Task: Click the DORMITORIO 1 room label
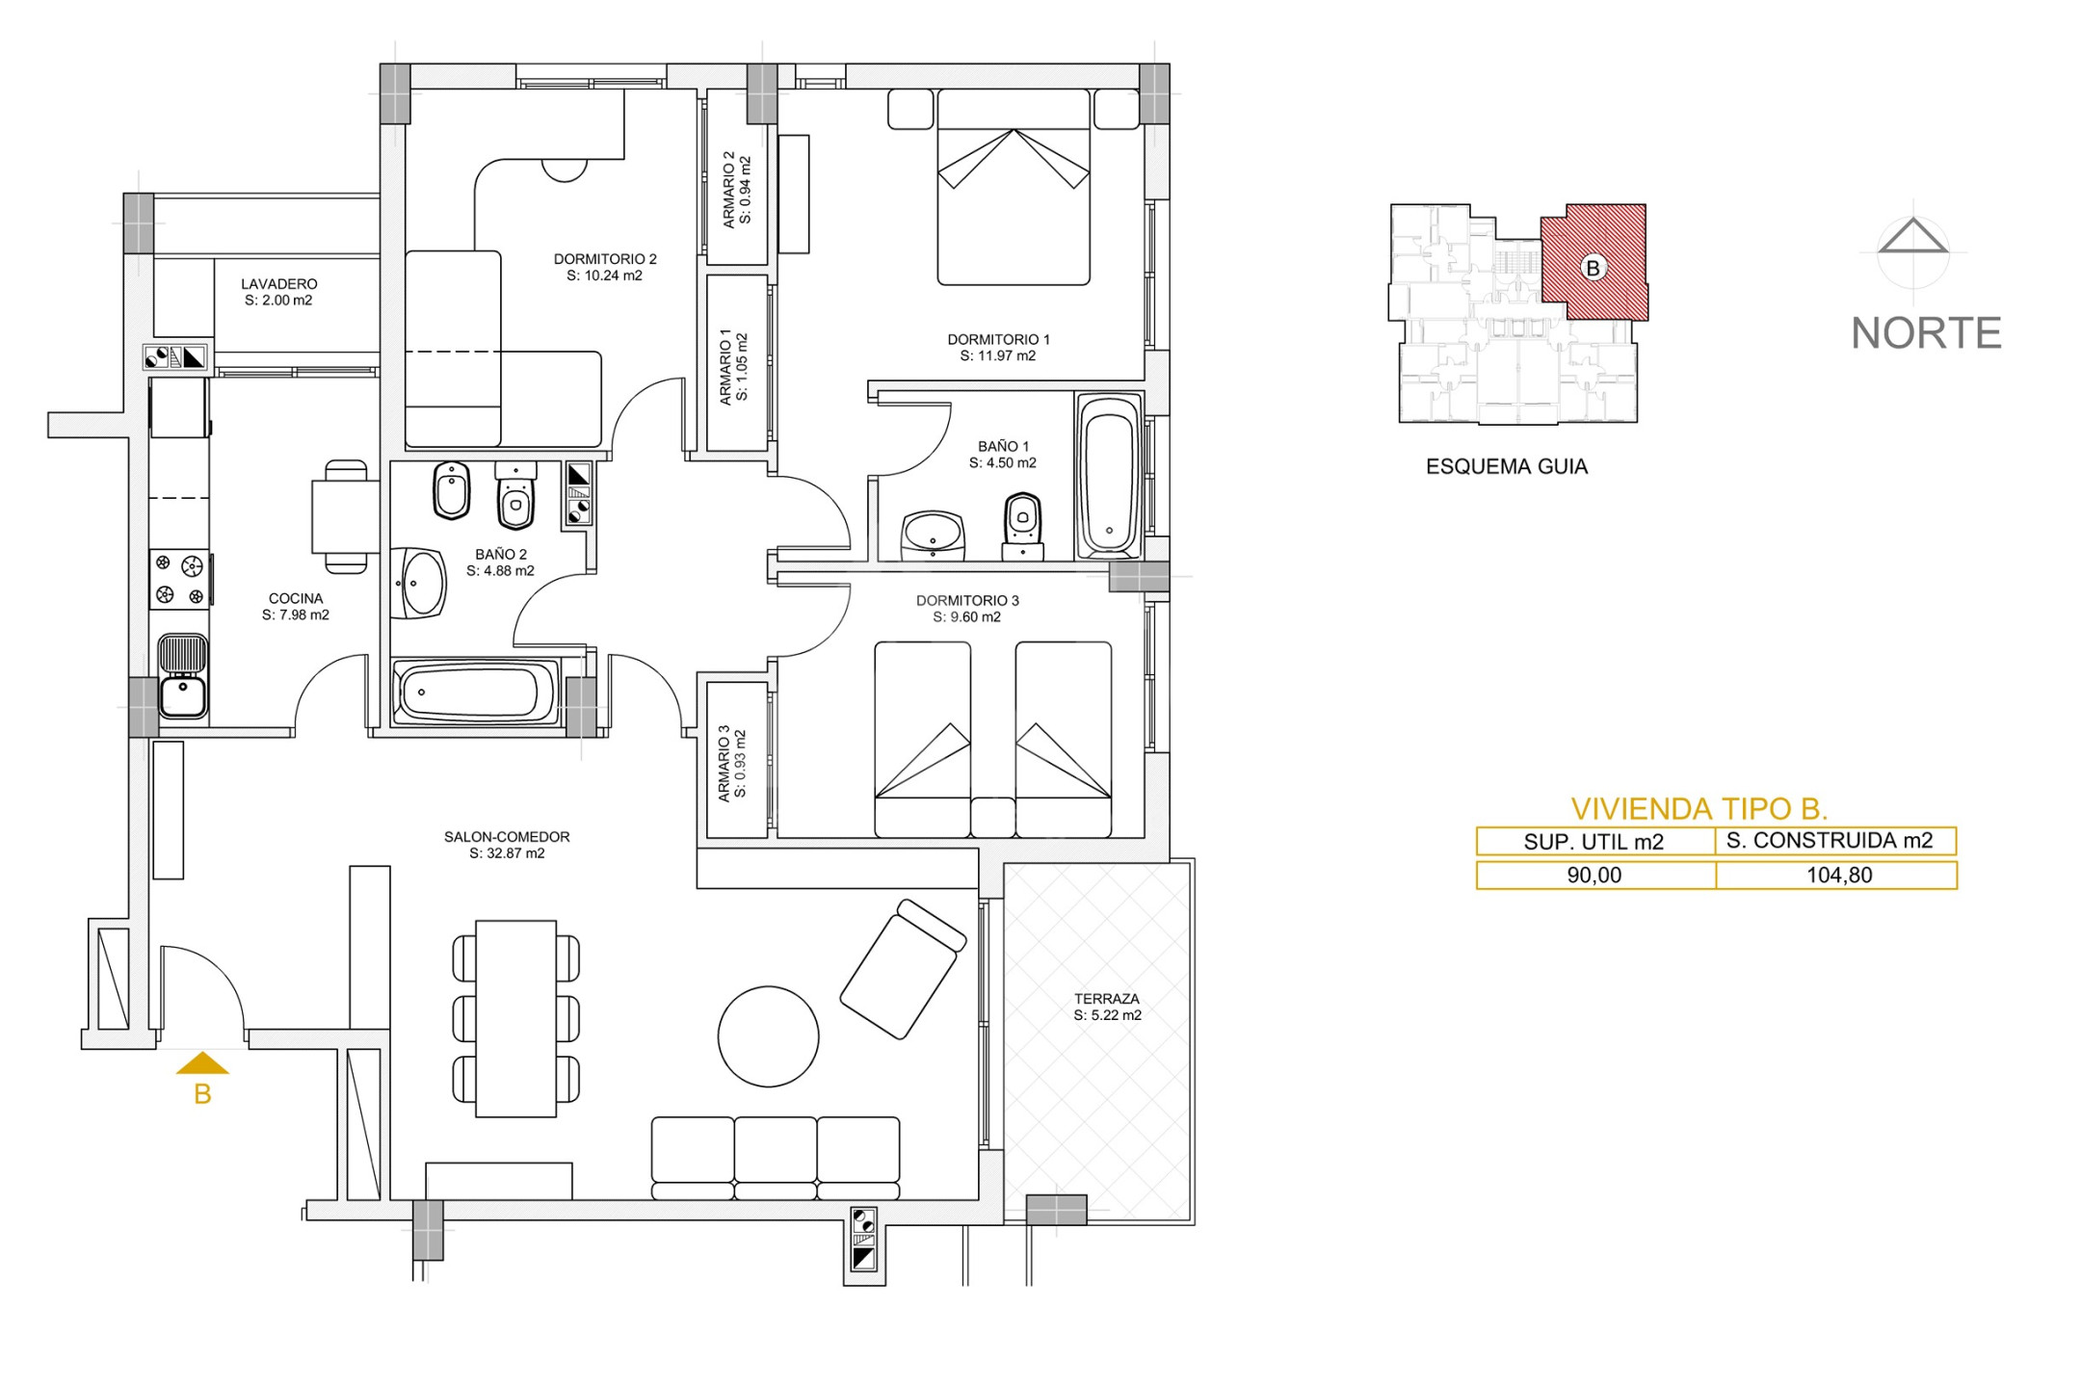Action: [998, 348]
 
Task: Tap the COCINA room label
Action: [296, 607]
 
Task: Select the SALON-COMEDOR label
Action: [507, 845]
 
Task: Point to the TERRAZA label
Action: [1107, 1007]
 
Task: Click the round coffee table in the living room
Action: [768, 1036]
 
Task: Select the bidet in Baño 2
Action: [451, 490]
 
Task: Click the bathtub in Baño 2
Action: [476, 692]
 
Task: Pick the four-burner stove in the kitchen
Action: [179, 580]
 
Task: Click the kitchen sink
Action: [182, 675]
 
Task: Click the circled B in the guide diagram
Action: [1593, 268]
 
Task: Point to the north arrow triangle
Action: [1912, 236]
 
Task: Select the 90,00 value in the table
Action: [1594, 876]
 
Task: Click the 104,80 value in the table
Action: [1839, 876]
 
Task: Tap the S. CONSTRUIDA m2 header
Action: [1830, 841]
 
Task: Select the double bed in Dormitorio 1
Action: [1014, 187]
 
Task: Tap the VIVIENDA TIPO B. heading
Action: [1699, 808]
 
